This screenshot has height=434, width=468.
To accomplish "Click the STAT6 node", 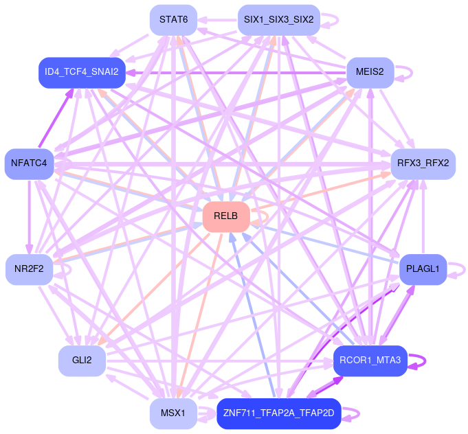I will [x=173, y=19].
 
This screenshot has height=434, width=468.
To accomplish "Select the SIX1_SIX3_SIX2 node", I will [x=278, y=19].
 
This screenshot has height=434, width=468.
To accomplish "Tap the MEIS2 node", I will [x=370, y=71].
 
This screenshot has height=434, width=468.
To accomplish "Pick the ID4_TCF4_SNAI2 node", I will [x=82, y=71].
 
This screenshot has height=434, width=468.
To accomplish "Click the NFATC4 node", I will [x=29, y=163].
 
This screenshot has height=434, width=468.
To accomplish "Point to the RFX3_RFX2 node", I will [x=423, y=163].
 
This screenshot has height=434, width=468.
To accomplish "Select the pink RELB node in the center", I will [x=225, y=216].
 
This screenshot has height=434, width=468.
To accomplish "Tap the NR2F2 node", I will [x=29, y=269].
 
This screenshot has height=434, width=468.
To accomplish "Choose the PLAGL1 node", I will [x=423, y=269].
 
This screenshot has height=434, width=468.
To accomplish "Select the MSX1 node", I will [x=173, y=413].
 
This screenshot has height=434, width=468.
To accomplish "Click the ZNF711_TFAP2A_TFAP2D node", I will [x=278, y=413].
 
